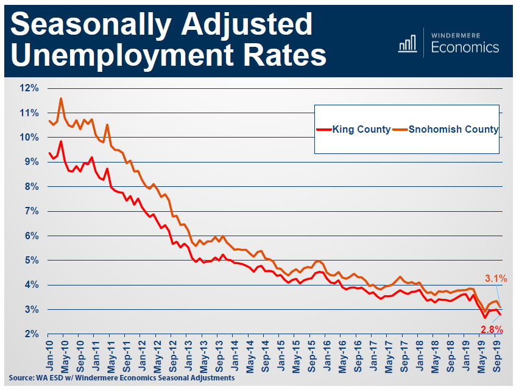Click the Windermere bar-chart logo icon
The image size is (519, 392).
point(408,43)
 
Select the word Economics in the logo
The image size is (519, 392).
point(464,47)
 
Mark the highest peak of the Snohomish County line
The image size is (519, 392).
point(61,99)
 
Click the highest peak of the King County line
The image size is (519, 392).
point(61,141)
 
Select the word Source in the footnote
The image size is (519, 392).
point(22,378)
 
